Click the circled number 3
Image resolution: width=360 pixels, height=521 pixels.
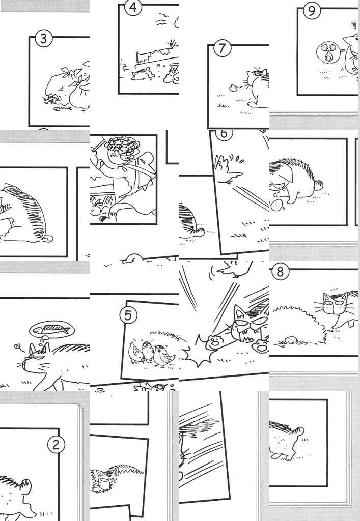pyautogui.click(x=43, y=39)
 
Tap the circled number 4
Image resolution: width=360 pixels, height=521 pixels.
pyautogui.click(x=133, y=7)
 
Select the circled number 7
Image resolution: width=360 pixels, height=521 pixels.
pyautogui.click(x=222, y=48)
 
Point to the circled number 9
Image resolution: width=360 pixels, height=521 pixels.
pyautogui.click(x=312, y=11)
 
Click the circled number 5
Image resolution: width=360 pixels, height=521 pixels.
pyautogui.click(x=128, y=315)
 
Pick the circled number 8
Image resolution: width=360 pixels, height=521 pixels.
pyautogui.click(x=280, y=272)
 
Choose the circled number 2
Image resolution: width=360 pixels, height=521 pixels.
pyautogui.click(x=56, y=444)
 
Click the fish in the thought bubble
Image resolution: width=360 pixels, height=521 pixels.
pyautogui.click(x=52, y=329)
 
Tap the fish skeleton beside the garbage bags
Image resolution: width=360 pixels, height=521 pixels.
pyautogui.click(x=63, y=108)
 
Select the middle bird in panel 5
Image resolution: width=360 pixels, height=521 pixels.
pyautogui.click(x=147, y=351)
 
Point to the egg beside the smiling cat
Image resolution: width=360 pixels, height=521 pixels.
pyautogui.click(x=276, y=205)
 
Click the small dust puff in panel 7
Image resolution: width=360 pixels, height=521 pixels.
pyautogui.click(x=233, y=88)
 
